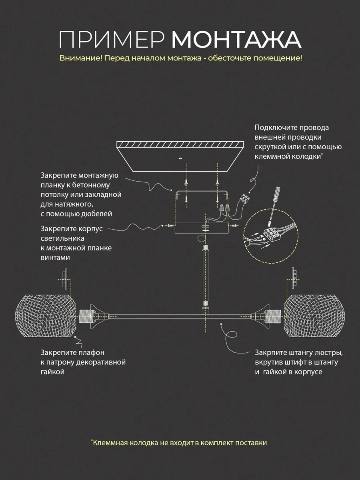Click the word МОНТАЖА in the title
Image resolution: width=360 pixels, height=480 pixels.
(236, 40)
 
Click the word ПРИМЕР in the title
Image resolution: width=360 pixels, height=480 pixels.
(112, 40)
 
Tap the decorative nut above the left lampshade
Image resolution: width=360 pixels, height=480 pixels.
(65, 279)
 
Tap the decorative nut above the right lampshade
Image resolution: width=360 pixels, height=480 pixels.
(294, 278)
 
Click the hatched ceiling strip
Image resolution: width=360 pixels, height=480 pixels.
(180, 144)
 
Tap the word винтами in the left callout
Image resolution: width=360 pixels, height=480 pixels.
(55, 258)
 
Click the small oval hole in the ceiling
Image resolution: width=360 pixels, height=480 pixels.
(180, 158)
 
